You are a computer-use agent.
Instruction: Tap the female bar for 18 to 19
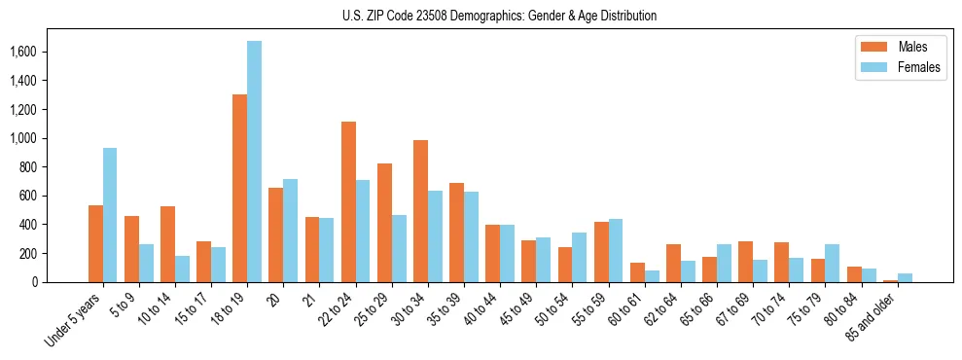[254, 162]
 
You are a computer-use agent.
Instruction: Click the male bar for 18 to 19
[239, 188]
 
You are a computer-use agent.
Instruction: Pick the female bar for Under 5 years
[110, 215]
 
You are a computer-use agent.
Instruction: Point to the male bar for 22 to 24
[348, 201]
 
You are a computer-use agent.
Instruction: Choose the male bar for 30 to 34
[420, 211]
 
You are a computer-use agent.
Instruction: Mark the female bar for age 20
[290, 231]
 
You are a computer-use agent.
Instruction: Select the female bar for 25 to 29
[399, 248]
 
